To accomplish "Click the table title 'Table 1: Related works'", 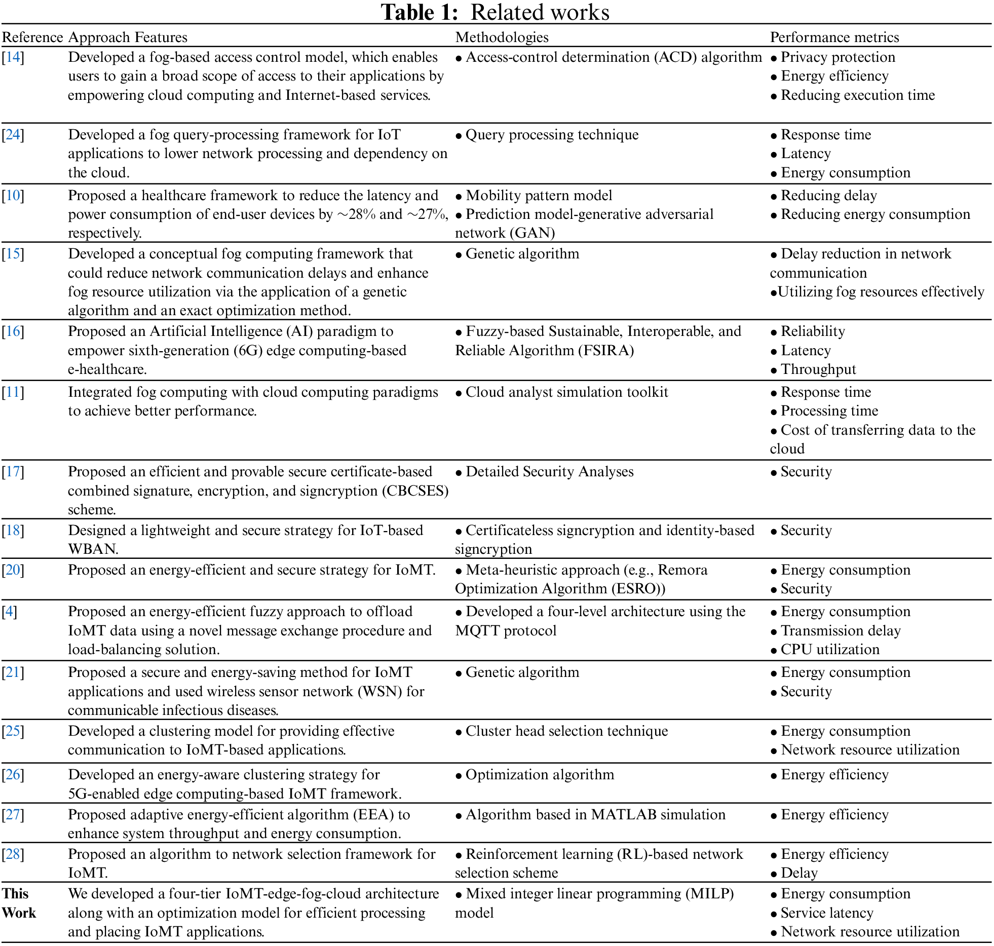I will (495, 12).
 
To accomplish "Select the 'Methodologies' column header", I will (502, 37).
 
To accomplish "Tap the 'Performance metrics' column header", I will (834, 37).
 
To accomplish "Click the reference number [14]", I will (13, 57).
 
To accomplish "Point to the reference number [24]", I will (13, 134).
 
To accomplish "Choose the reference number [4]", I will (10, 612).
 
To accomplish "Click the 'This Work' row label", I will (19, 903).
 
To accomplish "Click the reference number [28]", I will (13, 854).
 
